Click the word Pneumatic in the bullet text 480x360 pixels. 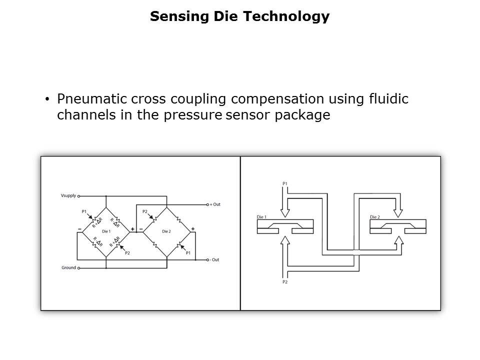(86, 99)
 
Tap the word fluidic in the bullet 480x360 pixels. (388, 99)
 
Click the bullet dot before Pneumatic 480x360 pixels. (47, 99)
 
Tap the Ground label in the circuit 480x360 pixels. (68, 267)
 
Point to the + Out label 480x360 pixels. (215, 204)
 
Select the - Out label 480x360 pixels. (215, 260)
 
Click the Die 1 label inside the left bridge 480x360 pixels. (105, 231)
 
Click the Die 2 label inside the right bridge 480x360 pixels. (167, 231)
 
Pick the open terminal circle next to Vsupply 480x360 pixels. (79, 196)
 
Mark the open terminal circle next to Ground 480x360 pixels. (79, 267)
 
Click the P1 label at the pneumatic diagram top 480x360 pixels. (284, 183)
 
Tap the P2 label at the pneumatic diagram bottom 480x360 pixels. (284, 282)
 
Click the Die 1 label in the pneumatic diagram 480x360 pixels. (261, 217)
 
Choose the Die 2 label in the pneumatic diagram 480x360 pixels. (375, 217)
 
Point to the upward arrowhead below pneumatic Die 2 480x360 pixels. (398, 240)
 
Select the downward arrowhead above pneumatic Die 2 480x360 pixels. (398, 213)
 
